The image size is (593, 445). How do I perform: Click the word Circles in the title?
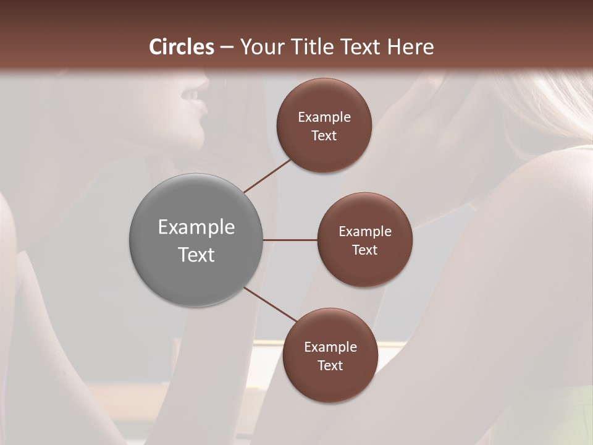click(x=181, y=47)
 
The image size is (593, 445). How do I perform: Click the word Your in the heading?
click(x=259, y=47)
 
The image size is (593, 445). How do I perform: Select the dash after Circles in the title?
click(x=227, y=48)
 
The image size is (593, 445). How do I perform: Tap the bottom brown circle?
click(x=330, y=383)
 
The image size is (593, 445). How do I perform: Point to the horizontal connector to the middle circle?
click(x=290, y=240)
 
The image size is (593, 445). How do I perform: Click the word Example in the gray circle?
click(x=196, y=227)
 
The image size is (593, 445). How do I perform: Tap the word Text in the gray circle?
click(x=196, y=255)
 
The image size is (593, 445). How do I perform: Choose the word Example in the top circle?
click(x=324, y=117)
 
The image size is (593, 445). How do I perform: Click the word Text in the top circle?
click(x=324, y=136)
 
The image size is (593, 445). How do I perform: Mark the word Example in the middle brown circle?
click(x=365, y=232)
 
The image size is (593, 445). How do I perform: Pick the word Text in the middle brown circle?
click(x=365, y=250)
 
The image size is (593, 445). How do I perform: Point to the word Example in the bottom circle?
click(x=330, y=347)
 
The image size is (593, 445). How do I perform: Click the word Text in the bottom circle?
click(x=330, y=366)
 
